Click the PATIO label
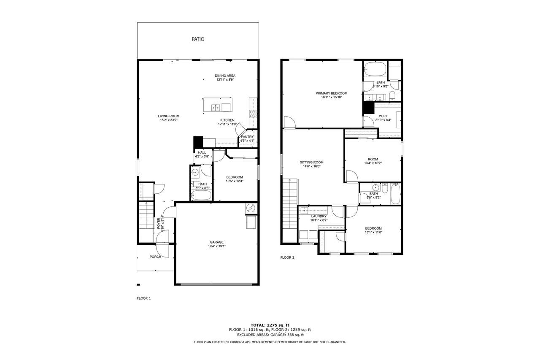198,39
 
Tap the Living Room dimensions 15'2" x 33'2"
169,120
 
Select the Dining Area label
225,76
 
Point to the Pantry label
247,137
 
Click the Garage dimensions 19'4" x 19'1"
217,246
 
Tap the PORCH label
155,257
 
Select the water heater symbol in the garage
251,208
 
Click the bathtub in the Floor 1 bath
201,195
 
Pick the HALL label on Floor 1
202,153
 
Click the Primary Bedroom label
332,93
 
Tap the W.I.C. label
383,116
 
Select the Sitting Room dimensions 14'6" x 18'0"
311,166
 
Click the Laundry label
319,216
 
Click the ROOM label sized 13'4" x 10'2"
373,159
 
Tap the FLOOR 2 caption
287,257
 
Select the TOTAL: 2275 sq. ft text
270,325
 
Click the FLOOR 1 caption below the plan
144,298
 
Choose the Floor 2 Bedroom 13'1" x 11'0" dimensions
373,233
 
